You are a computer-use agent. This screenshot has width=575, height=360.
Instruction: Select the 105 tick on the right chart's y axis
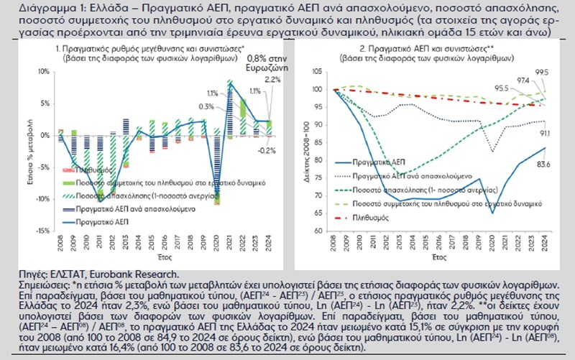point(319,71)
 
